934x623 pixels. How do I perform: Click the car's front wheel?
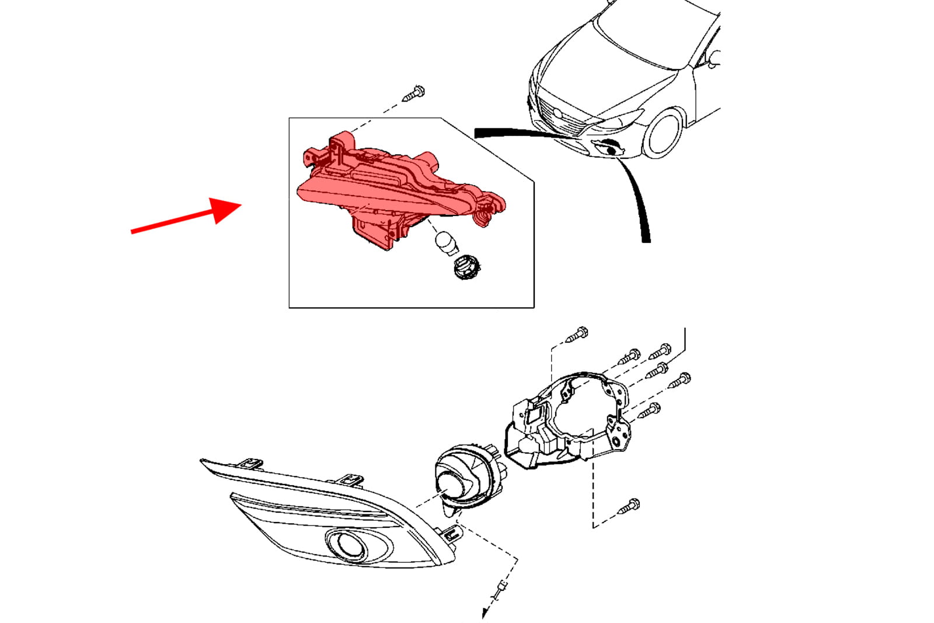[664, 133]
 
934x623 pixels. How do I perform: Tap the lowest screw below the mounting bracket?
[629, 506]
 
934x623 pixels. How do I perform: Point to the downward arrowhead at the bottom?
[485, 613]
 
